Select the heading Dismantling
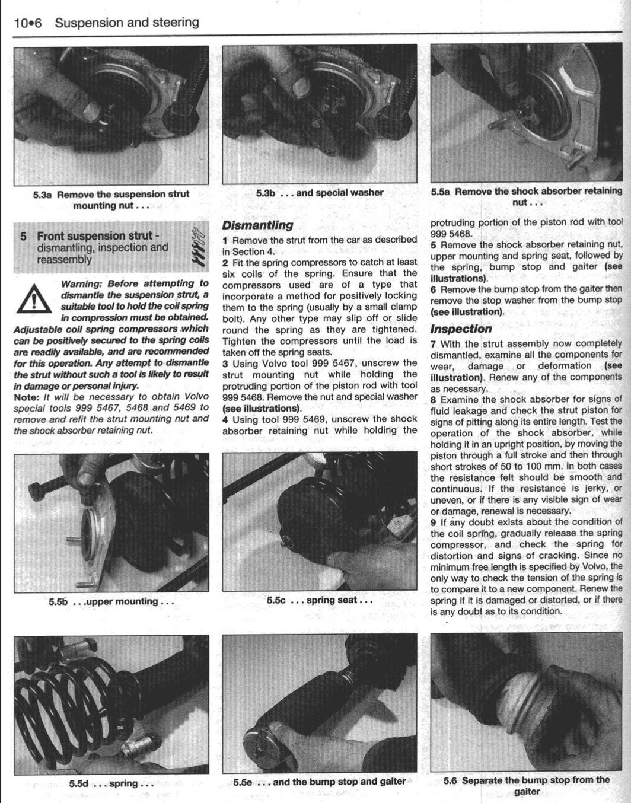257,225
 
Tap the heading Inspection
461,329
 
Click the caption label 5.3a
43,195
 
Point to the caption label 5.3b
265,193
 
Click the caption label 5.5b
58,601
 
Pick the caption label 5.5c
276,600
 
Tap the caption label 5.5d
78,783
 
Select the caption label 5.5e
242,782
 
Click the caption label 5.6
450,780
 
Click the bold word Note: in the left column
26,397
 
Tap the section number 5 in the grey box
23,236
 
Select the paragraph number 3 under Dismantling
225,363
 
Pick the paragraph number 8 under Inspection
434,399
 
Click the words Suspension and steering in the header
127,23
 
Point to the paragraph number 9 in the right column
434,522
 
